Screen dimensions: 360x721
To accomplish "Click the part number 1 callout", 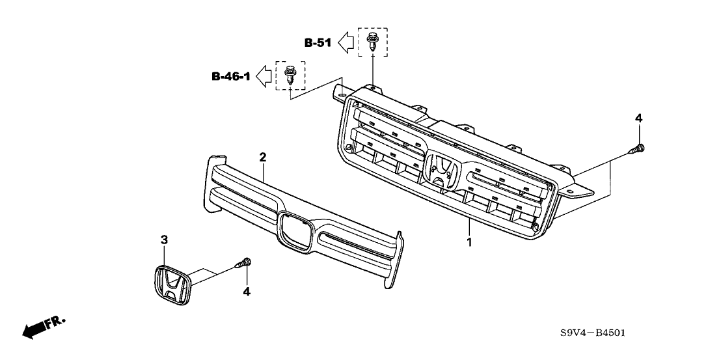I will (469, 243).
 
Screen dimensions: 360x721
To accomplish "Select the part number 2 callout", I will (263, 157).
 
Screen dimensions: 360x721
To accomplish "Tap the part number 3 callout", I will (165, 240).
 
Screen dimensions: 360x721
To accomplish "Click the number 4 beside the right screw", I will (638, 118).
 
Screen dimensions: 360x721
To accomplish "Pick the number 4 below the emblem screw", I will (246, 292).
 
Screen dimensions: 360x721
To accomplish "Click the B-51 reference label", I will (318, 44).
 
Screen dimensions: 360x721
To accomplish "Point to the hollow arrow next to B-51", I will (347, 43).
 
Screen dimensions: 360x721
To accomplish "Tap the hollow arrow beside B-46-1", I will (264, 76).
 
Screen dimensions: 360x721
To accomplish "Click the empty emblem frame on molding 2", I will (294, 229).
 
